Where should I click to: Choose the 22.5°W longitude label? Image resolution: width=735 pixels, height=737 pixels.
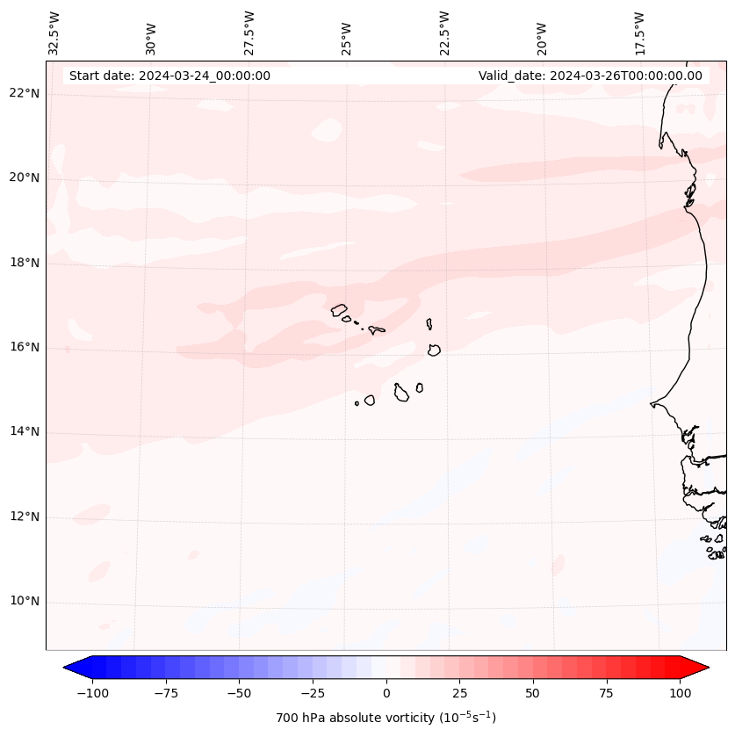444,33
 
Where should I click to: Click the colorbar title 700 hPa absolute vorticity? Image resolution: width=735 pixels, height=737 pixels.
386,718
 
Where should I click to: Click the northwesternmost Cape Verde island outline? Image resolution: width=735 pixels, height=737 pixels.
339,309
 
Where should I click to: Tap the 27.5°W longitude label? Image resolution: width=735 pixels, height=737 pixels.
249,33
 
